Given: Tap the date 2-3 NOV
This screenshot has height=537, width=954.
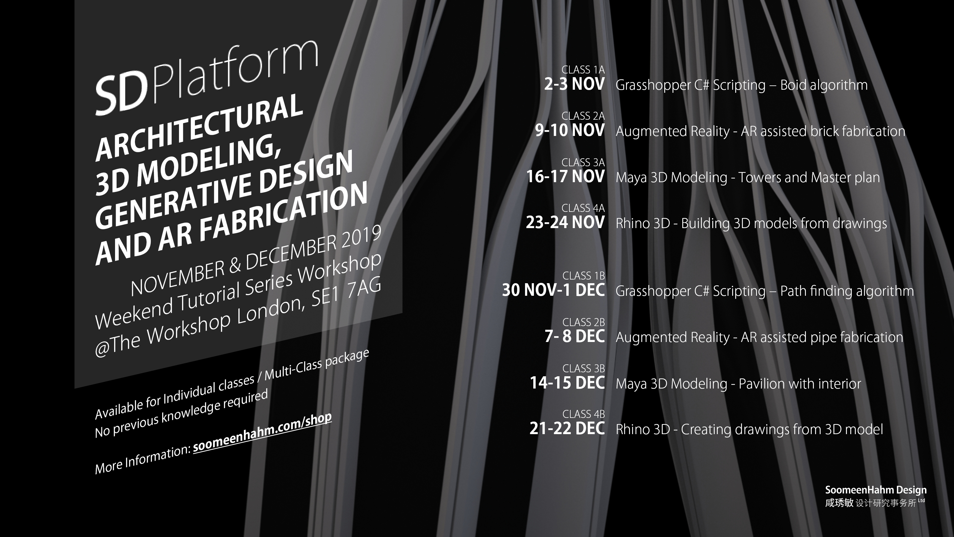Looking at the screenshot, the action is tap(574, 84).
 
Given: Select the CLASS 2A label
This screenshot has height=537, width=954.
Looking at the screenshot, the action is tap(583, 116).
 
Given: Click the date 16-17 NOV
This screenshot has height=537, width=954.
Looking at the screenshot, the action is tap(565, 176).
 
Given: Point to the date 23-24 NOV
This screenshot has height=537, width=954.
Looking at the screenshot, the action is tap(565, 222).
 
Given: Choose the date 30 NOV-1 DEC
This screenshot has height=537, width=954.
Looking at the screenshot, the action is tap(553, 290).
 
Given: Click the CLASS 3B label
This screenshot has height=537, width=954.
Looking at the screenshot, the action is tap(584, 368).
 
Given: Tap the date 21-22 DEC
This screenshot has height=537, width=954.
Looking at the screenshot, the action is tap(567, 428).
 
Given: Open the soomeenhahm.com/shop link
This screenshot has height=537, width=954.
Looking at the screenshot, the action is tap(262, 433).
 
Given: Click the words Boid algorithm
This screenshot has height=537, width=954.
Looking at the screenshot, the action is tap(824, 85).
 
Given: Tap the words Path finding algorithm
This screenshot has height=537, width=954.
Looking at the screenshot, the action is tap(847, 291).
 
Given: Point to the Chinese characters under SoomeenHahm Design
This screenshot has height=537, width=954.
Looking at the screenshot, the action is tap(875, 503).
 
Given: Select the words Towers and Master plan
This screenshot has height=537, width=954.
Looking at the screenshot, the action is tap(809, 178).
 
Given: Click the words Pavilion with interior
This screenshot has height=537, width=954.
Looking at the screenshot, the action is tap(800, 384).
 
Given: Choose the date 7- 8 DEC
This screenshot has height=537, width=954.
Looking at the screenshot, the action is tap(575, 336).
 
